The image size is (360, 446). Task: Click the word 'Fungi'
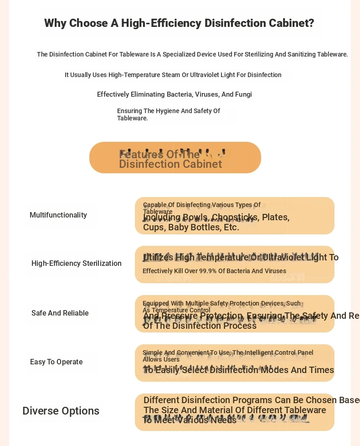pyautogui.click(x=243, y=94)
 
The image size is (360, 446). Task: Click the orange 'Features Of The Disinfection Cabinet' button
pyautogui.click(x=175, y=158)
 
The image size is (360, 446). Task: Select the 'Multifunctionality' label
pyautogui.click(x=58, y=215)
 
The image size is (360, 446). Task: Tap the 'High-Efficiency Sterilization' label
pyautogui.click(x=77, y=264)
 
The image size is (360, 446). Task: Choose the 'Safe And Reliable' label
pyautogui.click(x=60, y=313)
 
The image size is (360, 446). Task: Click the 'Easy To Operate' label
pyautogui.click(x=57, y=362)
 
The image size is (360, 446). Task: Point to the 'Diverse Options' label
pyautogui.click(x=61, y=411)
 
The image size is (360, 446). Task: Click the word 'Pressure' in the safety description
pyautogui.click(x=182, y=316)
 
